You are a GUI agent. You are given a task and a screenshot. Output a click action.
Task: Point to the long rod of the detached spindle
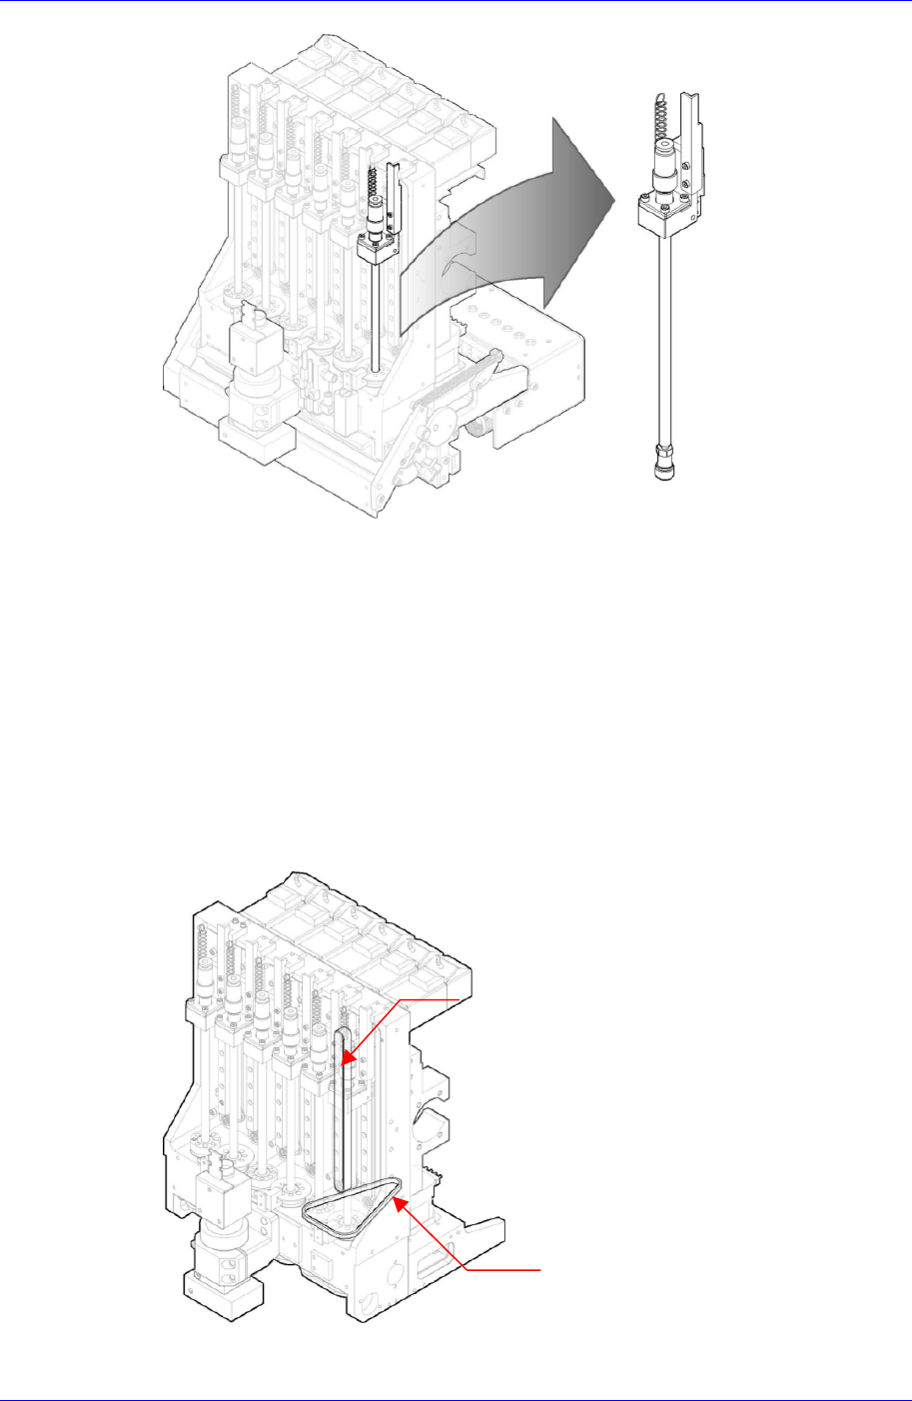660,340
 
